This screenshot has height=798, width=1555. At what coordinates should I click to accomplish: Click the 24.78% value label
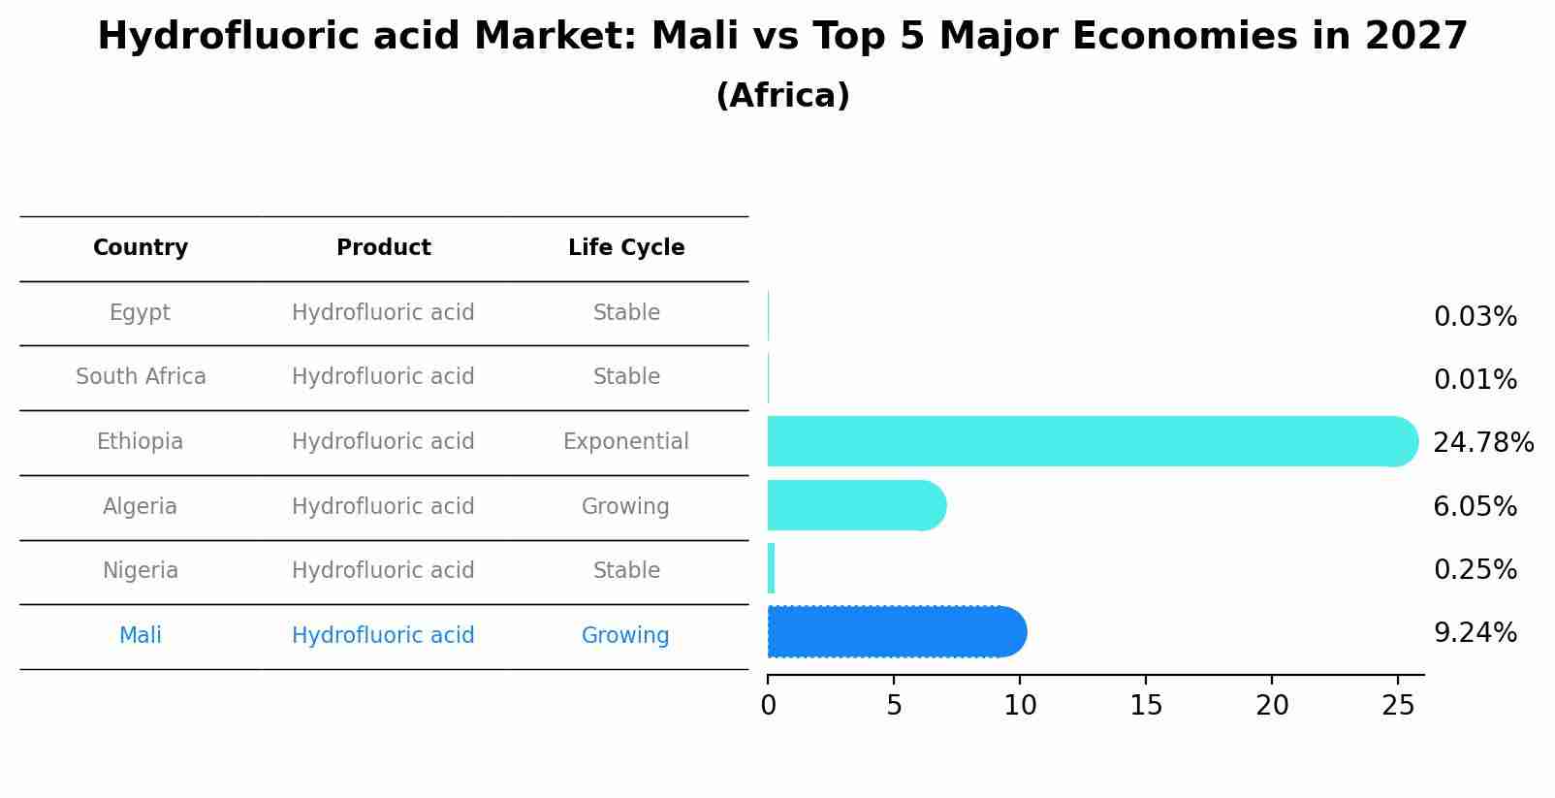tap(1482, 443)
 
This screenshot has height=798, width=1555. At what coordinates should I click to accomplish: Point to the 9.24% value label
tap(1475, 633)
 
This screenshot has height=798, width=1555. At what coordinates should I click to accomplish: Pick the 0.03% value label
tap(1475, 317)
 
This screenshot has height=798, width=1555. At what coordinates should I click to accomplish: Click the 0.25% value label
tap(1475, 570)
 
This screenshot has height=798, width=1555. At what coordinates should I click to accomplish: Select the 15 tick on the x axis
tap(1146, 706)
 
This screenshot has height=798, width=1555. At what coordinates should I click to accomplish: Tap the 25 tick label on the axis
tap(1398, 706)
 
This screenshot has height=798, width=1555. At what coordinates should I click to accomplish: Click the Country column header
tap(141, 248)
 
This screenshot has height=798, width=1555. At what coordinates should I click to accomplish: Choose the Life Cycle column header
tap(626, 248)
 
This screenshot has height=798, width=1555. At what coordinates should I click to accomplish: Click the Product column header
tap(383, 248)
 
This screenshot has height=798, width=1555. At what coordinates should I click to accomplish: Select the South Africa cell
tap(141, 377)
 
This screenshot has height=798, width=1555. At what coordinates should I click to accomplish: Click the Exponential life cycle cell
tap(626, 442)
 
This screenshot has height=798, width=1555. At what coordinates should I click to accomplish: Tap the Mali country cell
tap(141, 636)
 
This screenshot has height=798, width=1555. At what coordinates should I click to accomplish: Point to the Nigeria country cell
tap(141, 571)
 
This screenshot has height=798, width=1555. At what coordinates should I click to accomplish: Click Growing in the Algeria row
tap(625, 507)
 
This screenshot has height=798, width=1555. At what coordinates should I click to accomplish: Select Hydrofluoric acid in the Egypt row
tap(383, 313)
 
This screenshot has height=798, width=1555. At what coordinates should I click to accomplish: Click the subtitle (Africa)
tap(782, 96)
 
